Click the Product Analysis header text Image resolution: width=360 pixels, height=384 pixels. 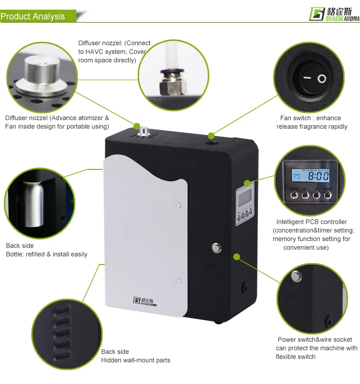pyautogui.click(x=33, y=16)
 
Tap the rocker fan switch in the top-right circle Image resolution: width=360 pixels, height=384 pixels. pyautogui.click(x=312, y=78)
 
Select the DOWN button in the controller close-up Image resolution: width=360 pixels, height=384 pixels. pyautogui.click(x=327, y=195)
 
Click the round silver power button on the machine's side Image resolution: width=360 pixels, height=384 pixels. pyautogui.click(x=216, y=248)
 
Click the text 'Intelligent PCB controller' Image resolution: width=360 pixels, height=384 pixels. pyautogui.click(x=312, y=222)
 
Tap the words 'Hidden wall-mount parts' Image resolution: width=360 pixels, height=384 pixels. pyautogui.click(x=135, y=360)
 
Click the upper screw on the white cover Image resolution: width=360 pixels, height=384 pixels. pyautogui.click(x=179, y=205)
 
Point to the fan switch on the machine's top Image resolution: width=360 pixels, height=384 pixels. pyautogui.click(x=210, y=136)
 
